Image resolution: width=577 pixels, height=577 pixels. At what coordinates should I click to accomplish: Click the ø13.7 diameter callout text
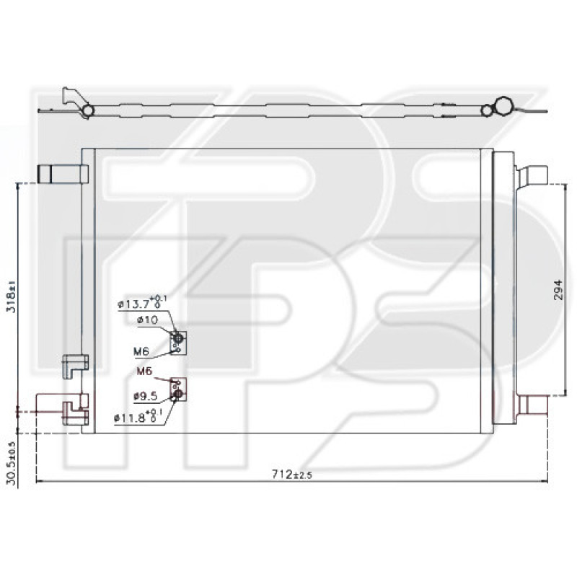pos(142,304)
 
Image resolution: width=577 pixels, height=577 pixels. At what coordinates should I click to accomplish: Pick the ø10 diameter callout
pos(147,320)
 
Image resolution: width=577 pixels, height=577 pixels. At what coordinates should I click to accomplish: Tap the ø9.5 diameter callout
pos(145,395)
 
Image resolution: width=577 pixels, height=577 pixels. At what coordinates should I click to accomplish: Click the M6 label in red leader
pos(145,371)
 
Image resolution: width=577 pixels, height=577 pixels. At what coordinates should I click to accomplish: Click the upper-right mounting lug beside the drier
pos(533,176)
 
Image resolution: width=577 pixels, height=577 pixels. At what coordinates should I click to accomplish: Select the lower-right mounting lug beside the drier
pos(533,405)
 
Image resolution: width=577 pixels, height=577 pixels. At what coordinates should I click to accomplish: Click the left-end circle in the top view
pos(88,110)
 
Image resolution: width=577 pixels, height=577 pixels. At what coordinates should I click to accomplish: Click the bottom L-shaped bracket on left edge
pos(74,413)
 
